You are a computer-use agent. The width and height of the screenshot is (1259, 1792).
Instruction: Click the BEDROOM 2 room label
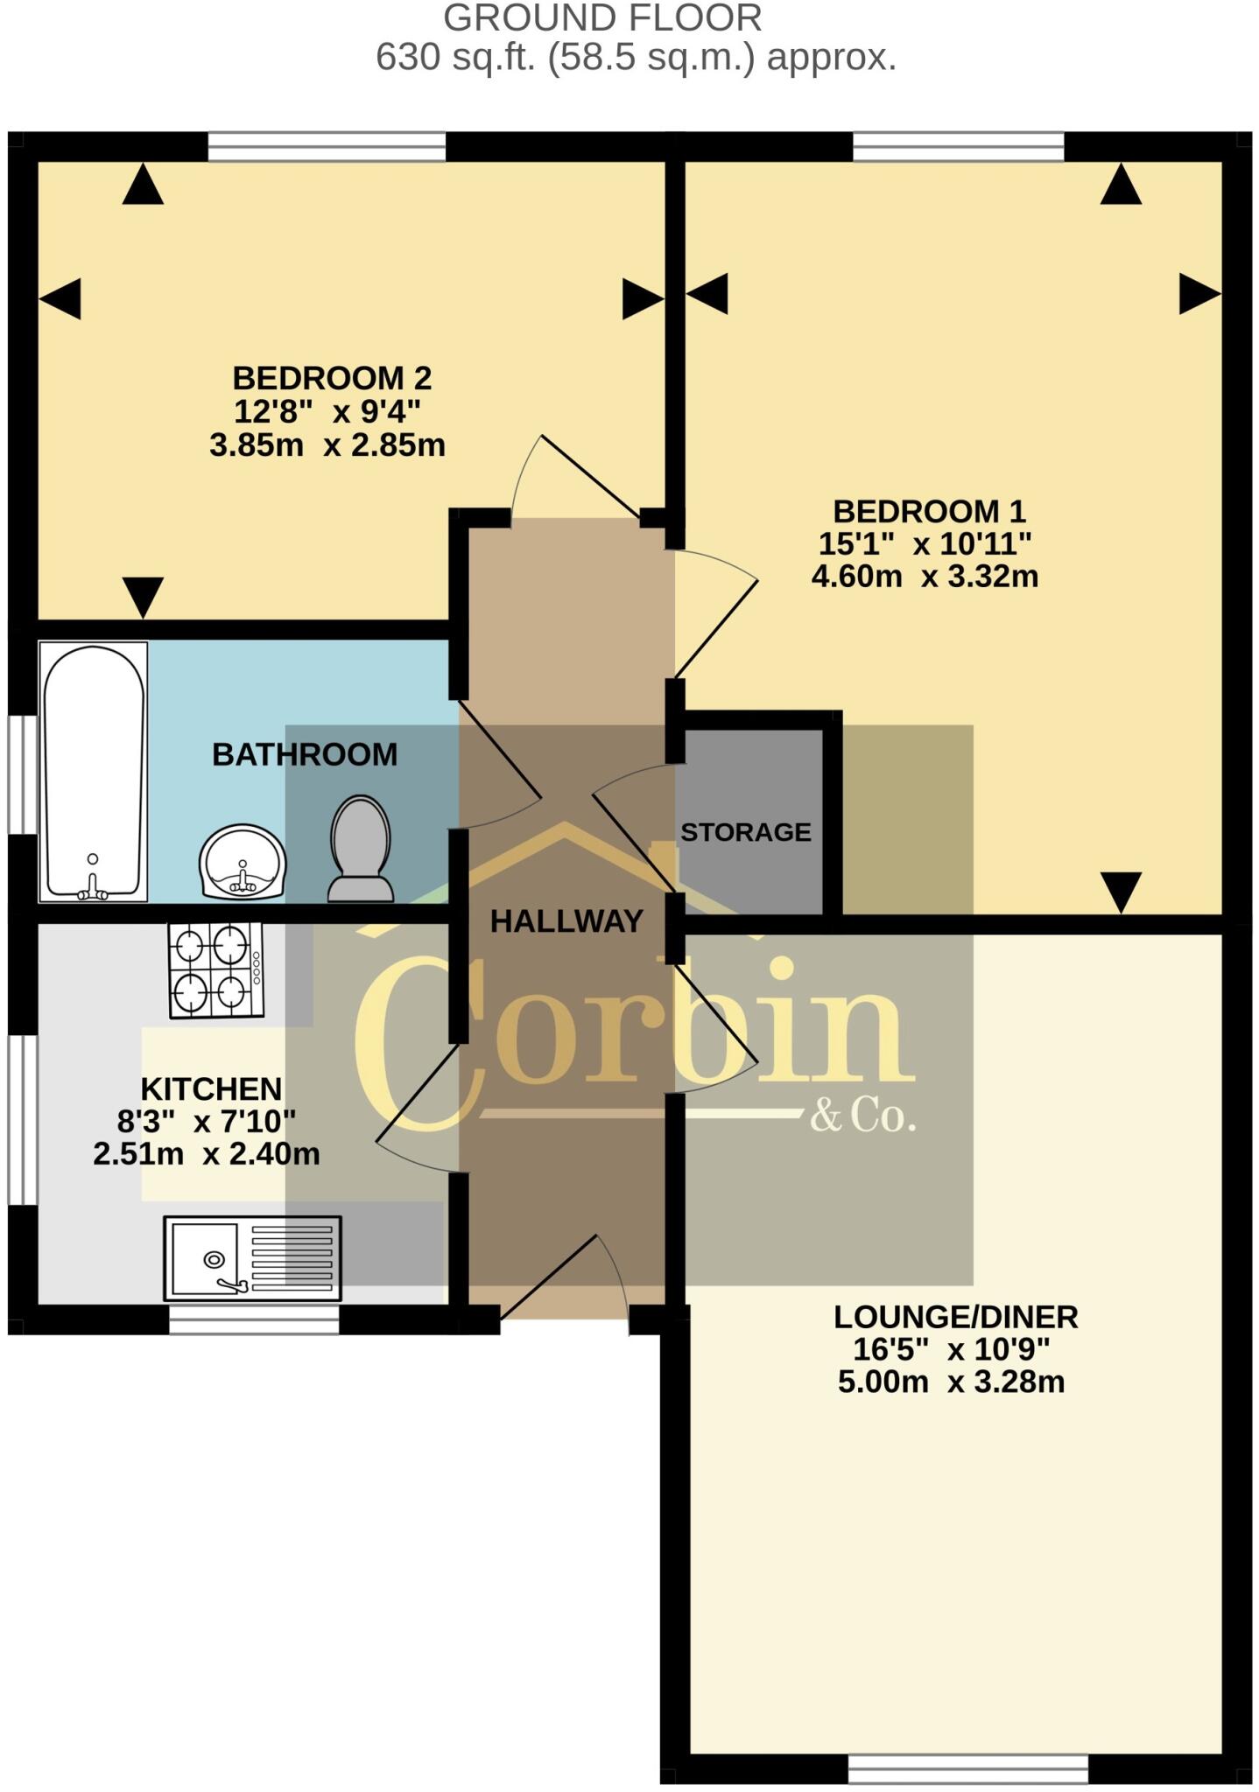[332, 378]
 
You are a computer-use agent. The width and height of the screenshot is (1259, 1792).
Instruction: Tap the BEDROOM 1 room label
[929, 511]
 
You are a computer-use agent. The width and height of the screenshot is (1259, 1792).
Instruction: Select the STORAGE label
[746, 831]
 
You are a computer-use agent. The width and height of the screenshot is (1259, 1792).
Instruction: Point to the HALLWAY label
[566, 920]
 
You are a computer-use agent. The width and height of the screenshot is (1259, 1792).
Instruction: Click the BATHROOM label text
[305, 754]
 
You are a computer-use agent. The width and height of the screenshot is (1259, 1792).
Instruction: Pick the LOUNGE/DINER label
[955, 1316]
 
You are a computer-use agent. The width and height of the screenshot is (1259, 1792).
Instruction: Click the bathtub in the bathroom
[94, 772]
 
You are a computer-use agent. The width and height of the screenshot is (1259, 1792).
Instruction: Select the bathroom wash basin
[243, 862]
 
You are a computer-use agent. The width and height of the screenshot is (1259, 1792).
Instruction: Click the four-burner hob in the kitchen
[216, 969]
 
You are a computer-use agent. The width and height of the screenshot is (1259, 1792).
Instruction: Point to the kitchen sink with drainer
[252, 1258]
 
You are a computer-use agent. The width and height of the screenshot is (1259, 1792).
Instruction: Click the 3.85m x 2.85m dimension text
[327, 445]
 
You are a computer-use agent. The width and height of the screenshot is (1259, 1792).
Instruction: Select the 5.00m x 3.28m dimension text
[952, 1382]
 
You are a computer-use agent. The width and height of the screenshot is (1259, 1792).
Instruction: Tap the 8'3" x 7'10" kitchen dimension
[207, 1121]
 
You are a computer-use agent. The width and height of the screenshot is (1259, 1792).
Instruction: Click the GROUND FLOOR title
[602, 17]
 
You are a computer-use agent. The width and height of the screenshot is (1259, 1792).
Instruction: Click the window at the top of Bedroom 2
[327, 147]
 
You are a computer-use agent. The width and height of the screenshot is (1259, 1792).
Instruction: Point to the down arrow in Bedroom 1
[1121, 892]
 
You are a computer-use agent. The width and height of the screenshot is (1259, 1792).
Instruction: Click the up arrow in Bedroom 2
[143, 185]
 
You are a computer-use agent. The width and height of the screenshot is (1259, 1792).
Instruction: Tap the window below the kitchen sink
[254, 1319]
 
